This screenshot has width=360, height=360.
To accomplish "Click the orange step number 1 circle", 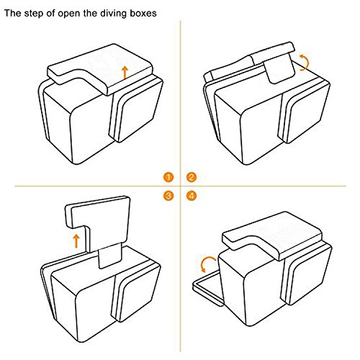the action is (168, 178).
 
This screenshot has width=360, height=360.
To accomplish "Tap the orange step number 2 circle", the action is (192, 178).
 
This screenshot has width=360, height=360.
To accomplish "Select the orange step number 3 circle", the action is (168, 196).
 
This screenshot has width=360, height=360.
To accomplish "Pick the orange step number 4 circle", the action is (192, 196).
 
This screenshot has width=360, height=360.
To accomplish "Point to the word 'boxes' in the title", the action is (143, 13).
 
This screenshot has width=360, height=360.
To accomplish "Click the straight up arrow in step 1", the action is (125, 73).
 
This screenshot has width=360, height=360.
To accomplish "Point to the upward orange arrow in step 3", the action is (76, 241).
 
